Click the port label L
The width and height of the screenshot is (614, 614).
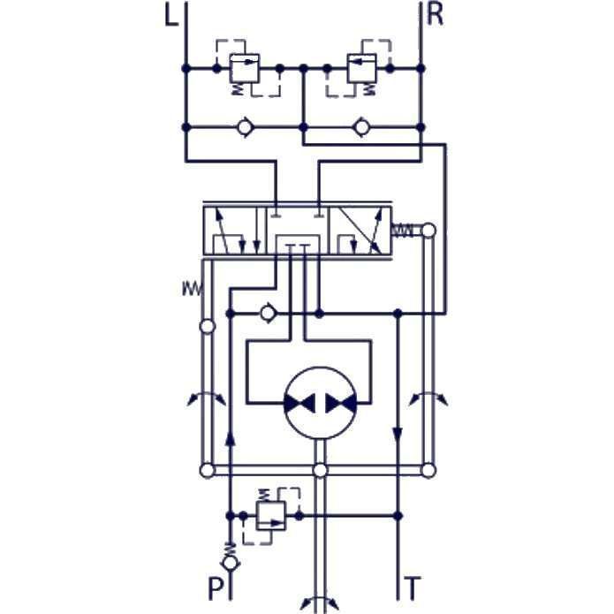171,18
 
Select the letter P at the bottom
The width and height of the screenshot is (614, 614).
215,587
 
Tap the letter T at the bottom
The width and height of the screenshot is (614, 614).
413,587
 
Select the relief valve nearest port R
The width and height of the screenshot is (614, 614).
362,67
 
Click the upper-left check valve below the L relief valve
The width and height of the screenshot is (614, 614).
245,128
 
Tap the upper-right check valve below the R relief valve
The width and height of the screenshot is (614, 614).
360,128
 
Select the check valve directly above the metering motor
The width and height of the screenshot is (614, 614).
268,313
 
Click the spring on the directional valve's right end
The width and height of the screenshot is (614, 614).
403,231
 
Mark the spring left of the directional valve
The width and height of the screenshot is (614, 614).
191,287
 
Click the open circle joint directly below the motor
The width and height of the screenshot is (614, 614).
320,470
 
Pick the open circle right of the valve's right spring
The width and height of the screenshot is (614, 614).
428,231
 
